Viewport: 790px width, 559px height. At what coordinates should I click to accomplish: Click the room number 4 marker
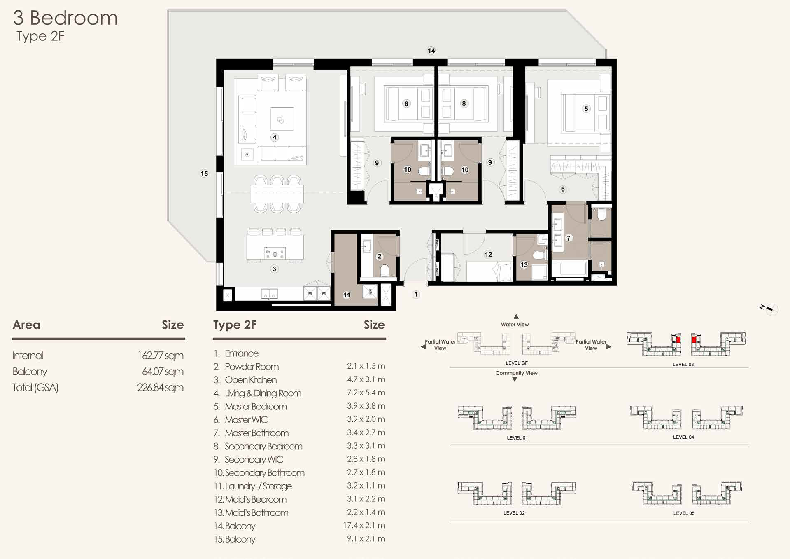pyautogui.click(x=275, y=137)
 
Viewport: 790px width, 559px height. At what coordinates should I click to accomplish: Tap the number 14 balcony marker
pyautogui.click(x=431, y=51)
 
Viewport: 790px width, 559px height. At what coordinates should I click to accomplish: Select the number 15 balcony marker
pyautogui.click(x=204, y=173)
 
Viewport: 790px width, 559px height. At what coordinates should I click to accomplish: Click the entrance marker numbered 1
pyautogui.click(x=416, y=294)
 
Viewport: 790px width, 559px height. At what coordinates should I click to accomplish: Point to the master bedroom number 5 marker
pyautogui.click(x=586, y=109)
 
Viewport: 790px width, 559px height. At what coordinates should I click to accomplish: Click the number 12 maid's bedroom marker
pyautogui.click(x=488, y=254)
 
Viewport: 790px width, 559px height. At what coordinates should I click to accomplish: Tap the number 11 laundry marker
pyautogui.click(x=347, y=295)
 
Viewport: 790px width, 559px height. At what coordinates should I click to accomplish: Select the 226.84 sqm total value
pyautogui.click(x=160, y=387)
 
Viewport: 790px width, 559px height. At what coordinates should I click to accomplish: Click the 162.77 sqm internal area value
pyautogui.click(x=160, y=355)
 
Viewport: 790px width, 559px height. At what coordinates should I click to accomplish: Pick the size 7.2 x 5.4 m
pyautogui.click(x=366, y=393)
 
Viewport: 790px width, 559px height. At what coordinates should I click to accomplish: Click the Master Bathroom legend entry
pyautogui.click(x=256, y=433)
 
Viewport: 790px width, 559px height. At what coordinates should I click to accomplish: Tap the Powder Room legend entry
pyautogui.click(x=252, y=367)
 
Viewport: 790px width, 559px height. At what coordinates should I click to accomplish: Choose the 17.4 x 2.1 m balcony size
pyautogui.click(x=364, y=525)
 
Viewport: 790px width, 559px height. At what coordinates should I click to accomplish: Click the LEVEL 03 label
pyautogui.click(x=683, y=364)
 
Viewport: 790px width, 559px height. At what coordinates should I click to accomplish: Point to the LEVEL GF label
pyautogui.click(x=517, y=363)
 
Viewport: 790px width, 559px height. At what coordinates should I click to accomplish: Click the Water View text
pyautogui.click(x=515, y=324)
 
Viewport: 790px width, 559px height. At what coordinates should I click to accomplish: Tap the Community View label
pyautogui.click(x=516, y=373)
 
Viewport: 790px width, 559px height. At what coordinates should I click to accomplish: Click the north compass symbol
pyautogui.click(x=769, y=309)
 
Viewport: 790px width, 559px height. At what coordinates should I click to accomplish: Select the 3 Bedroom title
pyautogui.click(x=65, y=18)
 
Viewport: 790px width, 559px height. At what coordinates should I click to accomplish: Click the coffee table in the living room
pyautogui.click(x=282, y=119)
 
